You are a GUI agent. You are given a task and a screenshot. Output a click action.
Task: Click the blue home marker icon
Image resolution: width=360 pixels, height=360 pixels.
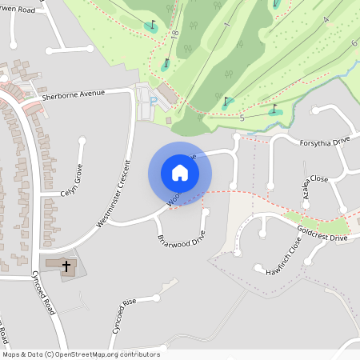point(179,172)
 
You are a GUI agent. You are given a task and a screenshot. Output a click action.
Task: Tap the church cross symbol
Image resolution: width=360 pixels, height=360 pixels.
point(66,265)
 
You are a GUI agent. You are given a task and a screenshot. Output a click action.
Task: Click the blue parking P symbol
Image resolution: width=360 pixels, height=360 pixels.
point(153,101)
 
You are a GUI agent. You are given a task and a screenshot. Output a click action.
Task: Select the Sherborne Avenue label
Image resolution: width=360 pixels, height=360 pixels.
point(74,94)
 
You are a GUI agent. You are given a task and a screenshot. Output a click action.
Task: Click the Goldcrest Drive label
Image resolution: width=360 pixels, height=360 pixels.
point(322,234)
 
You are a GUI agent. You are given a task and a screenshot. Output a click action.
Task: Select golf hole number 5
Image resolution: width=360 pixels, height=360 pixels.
point(242,118)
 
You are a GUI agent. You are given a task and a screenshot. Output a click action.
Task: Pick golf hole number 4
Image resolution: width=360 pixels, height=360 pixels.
point(326,18)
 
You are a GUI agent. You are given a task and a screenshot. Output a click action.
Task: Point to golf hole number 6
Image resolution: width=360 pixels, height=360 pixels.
point(354,42)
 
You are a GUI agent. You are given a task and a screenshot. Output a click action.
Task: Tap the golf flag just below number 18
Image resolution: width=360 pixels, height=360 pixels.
point(166,63)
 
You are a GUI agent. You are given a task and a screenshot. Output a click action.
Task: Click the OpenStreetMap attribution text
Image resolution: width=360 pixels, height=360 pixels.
point(80,354)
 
